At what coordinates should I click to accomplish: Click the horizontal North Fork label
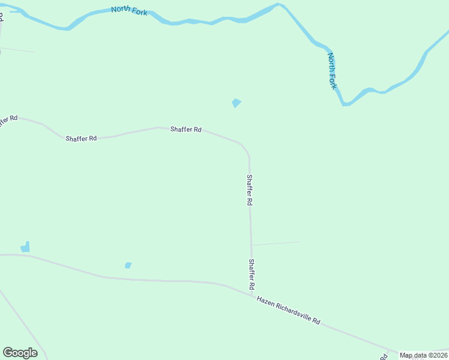[x=129, y=11]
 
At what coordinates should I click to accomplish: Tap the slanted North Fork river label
[x=333, y=71]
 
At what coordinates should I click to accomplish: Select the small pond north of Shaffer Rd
[x=237, y=103]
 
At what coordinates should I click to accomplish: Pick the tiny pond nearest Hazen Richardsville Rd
[x=128, y=265]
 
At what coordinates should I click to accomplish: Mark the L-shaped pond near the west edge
[x=25, y=247]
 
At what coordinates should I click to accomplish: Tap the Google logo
[x=20, y=353]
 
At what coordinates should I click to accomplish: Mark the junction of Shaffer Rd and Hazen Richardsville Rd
[x=252, y=293]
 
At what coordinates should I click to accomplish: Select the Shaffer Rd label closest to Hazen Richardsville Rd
[x=252, y=275]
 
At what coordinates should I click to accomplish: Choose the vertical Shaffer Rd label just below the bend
[x=249, y=190]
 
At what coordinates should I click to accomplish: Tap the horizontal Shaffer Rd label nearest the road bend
[x=185, y=129]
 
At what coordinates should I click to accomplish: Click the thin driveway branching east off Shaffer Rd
[x=276, y=243]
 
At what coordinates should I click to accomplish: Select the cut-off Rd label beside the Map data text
[x=383, y=356]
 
